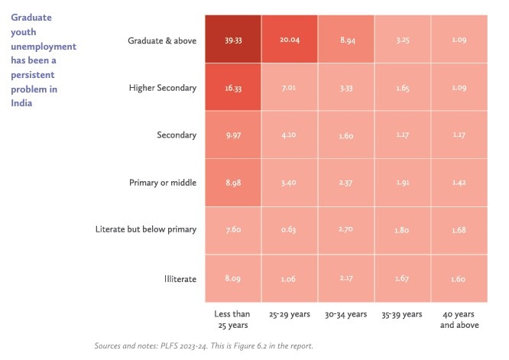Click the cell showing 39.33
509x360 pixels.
coord(232,40)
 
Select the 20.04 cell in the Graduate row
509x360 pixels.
coord(289,40)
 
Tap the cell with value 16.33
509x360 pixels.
coord(232,88)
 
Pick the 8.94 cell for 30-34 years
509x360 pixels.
coord(345,40)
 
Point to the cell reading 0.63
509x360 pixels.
coord(289,230)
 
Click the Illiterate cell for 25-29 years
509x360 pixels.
coord(289,279)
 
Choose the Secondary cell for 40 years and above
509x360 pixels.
coord(459,135)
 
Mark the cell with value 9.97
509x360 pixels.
coord(232,135)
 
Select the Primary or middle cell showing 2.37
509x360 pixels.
coord(345,183)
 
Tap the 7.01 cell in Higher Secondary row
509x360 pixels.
coord(289,88)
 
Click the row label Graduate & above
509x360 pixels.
coord(162,41)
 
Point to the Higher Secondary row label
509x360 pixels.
coord(162,88)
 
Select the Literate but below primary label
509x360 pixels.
coord(146,230)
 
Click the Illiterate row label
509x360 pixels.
coord(180,279)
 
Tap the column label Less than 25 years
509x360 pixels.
coord(232,319)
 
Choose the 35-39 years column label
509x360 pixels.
coord(402,314)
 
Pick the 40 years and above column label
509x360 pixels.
coord(459,319)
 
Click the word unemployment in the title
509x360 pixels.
coord(44,46)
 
